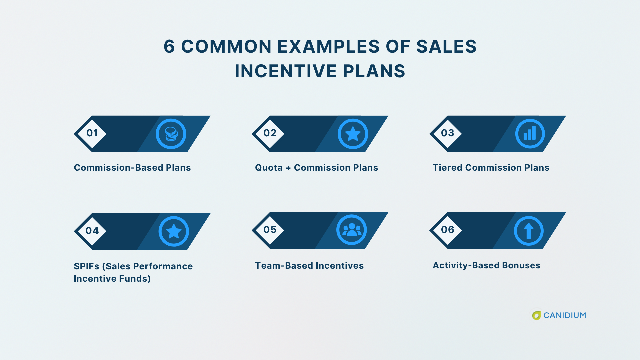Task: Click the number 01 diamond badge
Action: (x=92, y=134)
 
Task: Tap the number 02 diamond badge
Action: (x=269, y=134)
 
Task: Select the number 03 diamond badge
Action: (x=447, y=134)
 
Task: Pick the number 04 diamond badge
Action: (x=92, y=231)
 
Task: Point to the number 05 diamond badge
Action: (x=269, y=230)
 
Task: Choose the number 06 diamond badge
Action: (x=447, y=230)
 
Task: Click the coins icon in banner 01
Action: (x=171, y=134)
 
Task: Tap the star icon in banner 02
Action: (x=353, y=134)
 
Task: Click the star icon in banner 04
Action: (x=174, y=231)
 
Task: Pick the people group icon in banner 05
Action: (x=352, y=230)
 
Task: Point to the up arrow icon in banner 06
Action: (x=529, y=231)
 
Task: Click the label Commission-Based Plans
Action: (x=132, y=168)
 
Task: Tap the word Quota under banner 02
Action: (x=269, y=168)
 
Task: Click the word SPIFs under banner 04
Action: (x=86, y=266)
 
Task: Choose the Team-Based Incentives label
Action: (x=309, y=266)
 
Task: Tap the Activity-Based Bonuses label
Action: (x=486, y=265)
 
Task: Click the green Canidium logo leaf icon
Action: (x=536, y=315)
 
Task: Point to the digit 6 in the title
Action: (x=169, y=47)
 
